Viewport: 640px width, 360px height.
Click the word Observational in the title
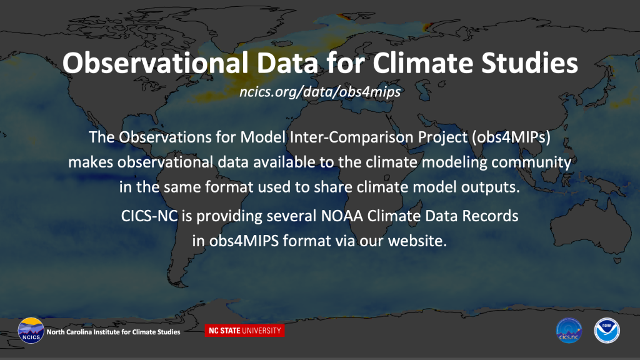tap(155, 63)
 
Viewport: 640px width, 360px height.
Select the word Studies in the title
tap(529, 63)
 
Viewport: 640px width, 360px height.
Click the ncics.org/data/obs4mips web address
tap(320, 92)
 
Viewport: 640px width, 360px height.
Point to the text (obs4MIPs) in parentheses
tap(511, 137)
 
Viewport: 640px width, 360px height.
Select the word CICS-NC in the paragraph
tap(149, 216)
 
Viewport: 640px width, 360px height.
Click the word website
tap(417, 241)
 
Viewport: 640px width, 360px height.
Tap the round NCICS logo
tap(31, 330)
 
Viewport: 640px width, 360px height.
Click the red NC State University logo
tap(244, 331)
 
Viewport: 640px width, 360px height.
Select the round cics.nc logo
tap(569, 330)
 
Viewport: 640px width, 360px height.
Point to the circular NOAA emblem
tap(607, 330)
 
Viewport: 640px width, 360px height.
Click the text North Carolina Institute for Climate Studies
tap(113, 332)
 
